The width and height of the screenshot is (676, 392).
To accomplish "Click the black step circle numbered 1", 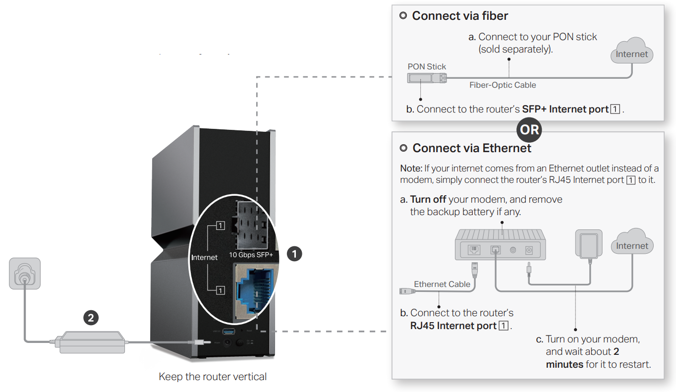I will [294, 254].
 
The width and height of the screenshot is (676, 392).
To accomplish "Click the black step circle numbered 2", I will [91, 318].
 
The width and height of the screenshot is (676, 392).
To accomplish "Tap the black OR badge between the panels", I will [529, 130].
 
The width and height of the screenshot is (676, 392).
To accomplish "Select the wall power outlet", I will [24, 273].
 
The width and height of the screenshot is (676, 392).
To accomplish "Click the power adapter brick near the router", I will [92, 341].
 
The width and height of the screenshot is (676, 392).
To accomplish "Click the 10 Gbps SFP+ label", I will [251, 255].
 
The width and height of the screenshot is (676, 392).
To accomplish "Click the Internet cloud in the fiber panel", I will [631, 54].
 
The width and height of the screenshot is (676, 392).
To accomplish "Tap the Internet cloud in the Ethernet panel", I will [632, 245].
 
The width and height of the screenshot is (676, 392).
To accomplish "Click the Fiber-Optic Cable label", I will [503, 85].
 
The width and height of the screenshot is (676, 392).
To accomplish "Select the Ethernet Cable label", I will [442, 284].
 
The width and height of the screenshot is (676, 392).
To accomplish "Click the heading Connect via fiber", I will [460, 16].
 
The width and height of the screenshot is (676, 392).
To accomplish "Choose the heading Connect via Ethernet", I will [472, 148].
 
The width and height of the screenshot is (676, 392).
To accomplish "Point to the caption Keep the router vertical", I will [213, 377].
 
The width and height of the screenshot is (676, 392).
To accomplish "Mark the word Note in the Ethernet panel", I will [410, 169].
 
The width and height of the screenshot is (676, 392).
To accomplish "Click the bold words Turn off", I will [428, 200].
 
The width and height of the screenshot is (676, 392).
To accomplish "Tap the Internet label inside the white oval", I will [204, 257].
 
